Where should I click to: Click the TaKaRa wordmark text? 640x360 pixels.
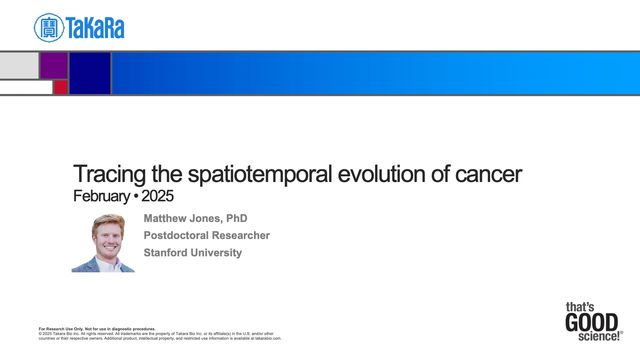click(95, 28)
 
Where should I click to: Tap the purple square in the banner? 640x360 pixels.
click(54, 65)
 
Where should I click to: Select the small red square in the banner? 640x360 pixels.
click(61, 88)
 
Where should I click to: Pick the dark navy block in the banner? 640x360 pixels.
click(89, 73)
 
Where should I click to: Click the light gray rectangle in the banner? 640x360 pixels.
click(19, 65)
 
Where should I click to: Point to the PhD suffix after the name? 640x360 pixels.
click(236, 218)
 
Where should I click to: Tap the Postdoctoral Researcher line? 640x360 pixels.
click(207, 235)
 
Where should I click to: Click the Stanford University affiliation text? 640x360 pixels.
click(193, 252)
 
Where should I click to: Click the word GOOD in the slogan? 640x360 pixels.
click(591, 323)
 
